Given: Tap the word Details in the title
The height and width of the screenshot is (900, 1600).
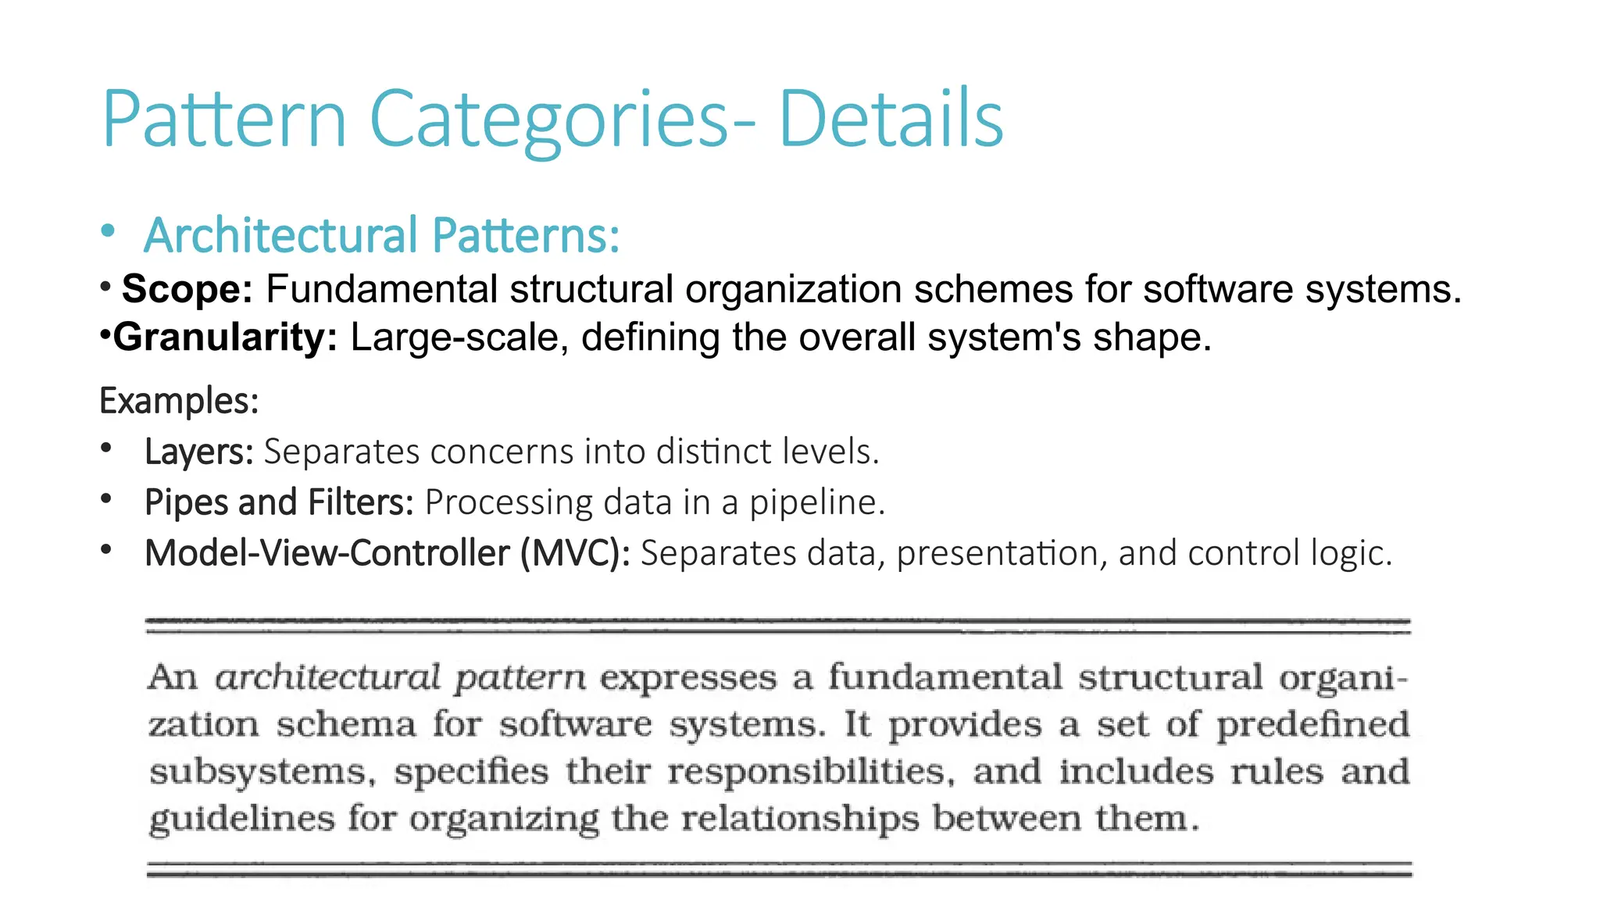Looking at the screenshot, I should click(x=891, y=120).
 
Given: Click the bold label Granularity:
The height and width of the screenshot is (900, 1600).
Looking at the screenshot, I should click(x=225, y=337).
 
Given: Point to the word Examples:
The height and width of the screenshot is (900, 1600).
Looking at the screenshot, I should click(x=179, y=401).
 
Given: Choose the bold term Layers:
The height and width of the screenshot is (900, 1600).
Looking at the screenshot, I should click(x=198, y=452).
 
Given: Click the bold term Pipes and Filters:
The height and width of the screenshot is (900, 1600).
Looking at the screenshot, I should click(x=279, y=502).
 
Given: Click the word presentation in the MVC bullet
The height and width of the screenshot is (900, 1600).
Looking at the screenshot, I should click(x=1002, y=553).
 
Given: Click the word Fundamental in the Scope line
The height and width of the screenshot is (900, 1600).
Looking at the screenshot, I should click(x=381, y=289).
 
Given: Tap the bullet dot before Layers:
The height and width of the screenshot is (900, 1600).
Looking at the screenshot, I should click(x=106, y=448).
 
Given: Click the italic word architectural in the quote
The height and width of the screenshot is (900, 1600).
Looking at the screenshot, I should click(x=328, y=677).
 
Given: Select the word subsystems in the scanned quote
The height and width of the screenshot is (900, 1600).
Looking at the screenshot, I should click(x=257, y=772).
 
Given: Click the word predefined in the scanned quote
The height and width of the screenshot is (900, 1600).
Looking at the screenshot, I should click(x=1312, y=724).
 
